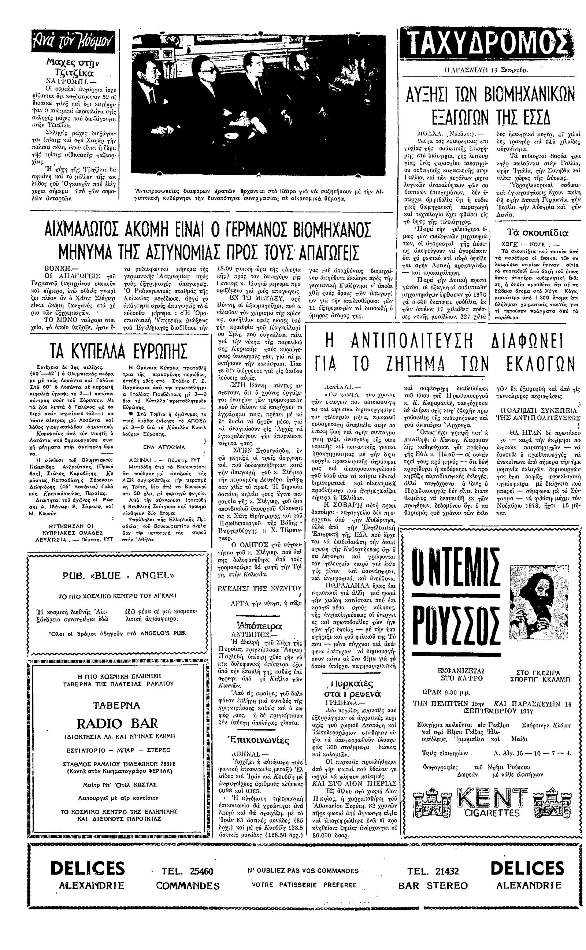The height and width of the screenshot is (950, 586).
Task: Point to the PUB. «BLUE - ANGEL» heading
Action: coord(118,575)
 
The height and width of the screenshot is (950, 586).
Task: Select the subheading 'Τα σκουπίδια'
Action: coord(538,233)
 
